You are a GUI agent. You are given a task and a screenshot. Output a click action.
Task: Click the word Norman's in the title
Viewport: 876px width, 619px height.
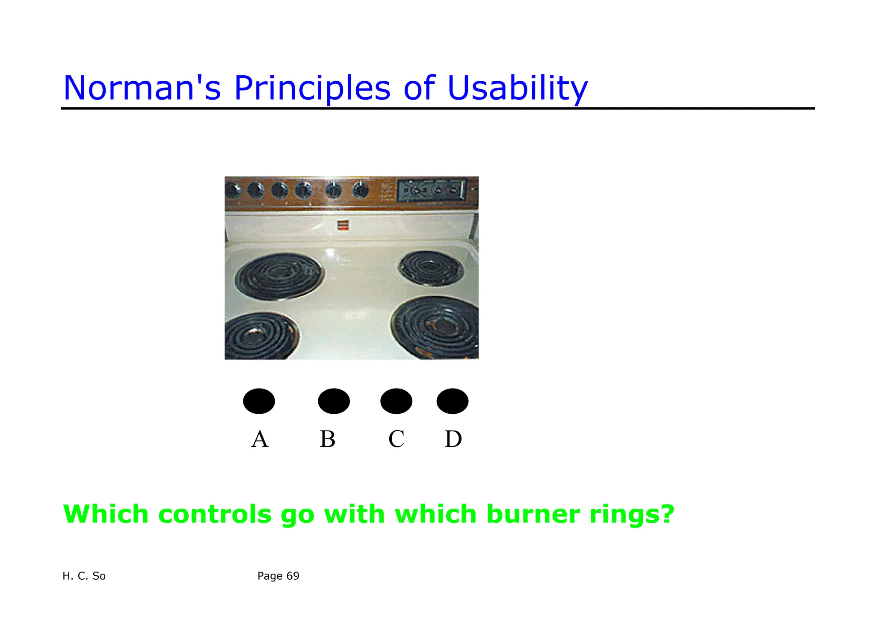(142, 88)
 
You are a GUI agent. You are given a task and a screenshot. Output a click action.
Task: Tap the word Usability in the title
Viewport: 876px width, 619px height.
(518, 88)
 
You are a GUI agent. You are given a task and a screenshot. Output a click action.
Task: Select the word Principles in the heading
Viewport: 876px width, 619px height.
(312, 88)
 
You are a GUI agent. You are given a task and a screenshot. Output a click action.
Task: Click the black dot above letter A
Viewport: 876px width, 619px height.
(259, 401)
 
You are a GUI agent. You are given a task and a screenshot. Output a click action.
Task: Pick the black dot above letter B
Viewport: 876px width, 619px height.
(334, 401)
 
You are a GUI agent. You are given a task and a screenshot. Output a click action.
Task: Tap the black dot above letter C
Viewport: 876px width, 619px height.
(396, 401)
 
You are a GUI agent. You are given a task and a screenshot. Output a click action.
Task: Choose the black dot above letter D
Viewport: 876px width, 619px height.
(452, 401)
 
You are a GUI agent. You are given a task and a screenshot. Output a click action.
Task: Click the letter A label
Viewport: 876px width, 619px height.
(260, 439)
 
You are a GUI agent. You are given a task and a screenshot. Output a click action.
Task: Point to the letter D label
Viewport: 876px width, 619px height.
(453, 439)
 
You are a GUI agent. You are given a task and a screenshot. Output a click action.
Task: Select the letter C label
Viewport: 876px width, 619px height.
(396, 439)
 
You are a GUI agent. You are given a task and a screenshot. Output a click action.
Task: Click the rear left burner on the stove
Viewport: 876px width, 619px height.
(279, 276)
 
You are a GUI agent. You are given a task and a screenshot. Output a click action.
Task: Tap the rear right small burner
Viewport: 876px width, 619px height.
(431, 268)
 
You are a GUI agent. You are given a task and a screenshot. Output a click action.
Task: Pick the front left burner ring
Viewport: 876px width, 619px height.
(261, 336)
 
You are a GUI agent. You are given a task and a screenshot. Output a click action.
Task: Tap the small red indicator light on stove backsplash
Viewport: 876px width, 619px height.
(343, 225)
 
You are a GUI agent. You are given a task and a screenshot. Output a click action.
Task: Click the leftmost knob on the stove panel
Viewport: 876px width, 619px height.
(233, 189)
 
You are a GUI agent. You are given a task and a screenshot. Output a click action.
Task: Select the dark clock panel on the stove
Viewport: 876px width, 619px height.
(431, 191)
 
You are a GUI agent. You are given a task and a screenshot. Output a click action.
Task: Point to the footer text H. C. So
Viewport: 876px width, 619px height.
(84, 576)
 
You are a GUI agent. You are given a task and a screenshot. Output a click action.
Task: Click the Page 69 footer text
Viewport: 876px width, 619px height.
(278, 576)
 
